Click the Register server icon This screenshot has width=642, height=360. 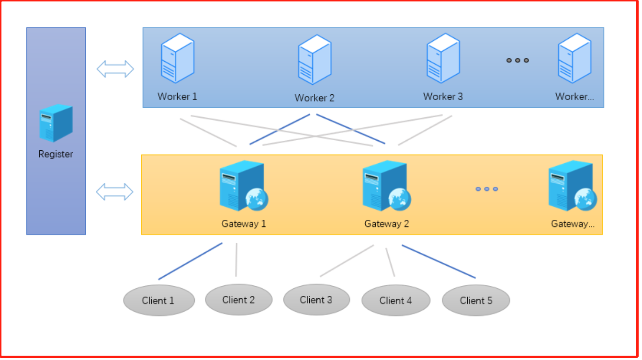[56, 123]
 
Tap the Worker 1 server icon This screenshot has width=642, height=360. [178, 58]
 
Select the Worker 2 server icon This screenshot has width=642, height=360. [315, 60]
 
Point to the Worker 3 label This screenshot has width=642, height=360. [443, 97]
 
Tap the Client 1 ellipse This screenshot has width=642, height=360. [159, 301]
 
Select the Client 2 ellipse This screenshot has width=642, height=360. [238, 300]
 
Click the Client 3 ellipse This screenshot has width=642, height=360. [316, 300]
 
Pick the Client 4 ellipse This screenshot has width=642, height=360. [395, 301]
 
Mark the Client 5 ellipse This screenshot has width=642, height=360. [476, 301]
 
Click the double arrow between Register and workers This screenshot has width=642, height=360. [115, 69]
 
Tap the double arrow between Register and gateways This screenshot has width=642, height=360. [115, 192]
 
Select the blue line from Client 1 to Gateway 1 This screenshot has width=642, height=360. [191, 261]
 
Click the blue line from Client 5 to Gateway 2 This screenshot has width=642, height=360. [439, 261]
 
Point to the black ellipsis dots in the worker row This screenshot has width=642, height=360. [518, 60]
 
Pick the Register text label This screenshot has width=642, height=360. [56, 154]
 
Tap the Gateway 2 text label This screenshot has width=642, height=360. [387, 224]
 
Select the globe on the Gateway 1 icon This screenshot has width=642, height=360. [257, 199]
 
